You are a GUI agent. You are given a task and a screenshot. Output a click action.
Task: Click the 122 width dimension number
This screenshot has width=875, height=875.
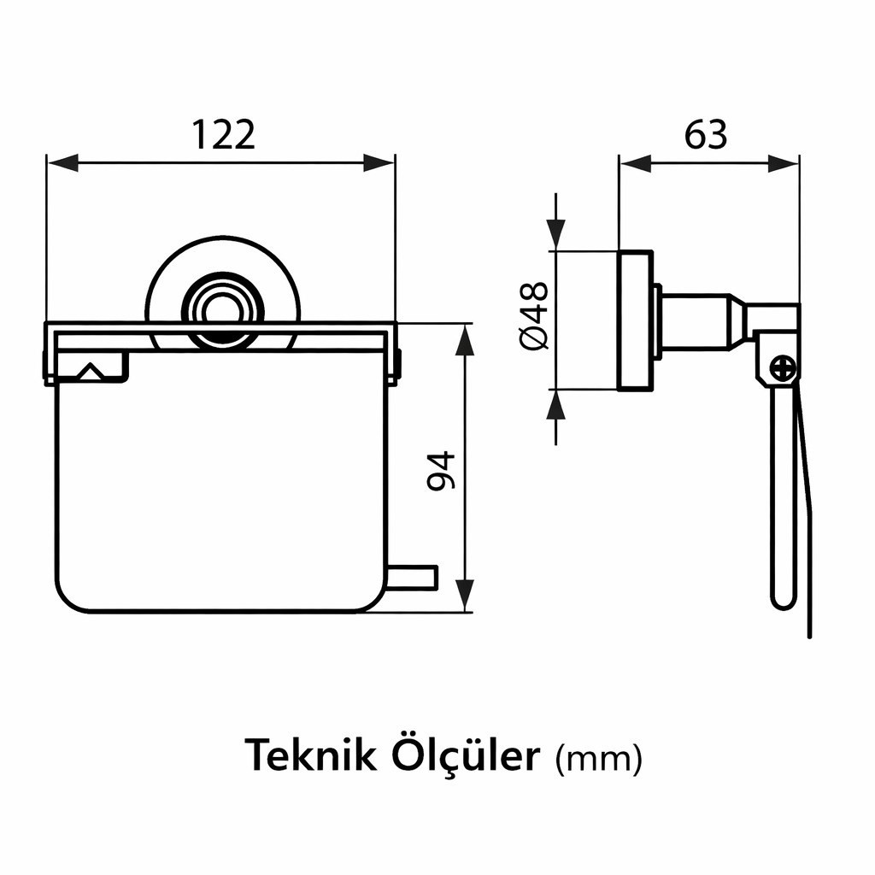click(x=224, y=134)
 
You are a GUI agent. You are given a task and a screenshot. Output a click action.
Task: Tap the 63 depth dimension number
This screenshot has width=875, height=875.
click(x=706, y=134)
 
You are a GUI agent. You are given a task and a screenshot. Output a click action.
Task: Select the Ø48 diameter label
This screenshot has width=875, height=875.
click(x=535, y=315)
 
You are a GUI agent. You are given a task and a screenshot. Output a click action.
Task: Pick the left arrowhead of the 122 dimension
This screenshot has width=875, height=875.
click(x=62, y=163)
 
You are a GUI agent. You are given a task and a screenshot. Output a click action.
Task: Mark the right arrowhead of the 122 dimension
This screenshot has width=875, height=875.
click(x=379, y=163)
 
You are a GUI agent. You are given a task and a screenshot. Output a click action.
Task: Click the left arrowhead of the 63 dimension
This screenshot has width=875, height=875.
click(x=636, y=163)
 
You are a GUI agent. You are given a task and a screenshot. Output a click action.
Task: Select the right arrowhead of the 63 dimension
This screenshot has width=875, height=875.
click(x=784, y=163)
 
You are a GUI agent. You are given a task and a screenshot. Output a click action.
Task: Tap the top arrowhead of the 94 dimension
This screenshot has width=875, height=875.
click(x=465, y=339)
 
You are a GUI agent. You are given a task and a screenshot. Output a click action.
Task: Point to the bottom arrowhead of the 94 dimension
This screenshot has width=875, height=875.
click(x=465, y=596)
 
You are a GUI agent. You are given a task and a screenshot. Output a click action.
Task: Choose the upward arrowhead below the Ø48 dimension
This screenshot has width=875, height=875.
click(x=555, y=405)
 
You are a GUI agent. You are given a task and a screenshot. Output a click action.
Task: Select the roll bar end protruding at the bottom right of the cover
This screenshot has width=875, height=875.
click(x=412, y=578)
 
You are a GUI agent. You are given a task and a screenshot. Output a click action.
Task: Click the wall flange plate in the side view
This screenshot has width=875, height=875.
click(x=636, y=320)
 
